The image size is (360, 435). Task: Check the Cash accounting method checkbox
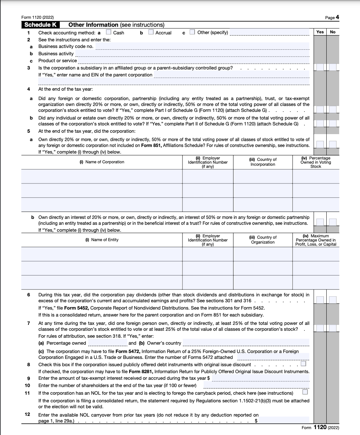[108, 32]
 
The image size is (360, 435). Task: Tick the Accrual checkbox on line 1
[151, 32]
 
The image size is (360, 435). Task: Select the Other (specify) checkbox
[192, 32]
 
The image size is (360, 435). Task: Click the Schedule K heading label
[40, 25]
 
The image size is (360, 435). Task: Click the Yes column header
[320, 32]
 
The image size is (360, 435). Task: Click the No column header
[333, 32]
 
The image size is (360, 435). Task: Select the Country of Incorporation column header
[263, 162]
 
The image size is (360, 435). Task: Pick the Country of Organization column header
[263, 240]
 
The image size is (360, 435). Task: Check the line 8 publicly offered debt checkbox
[303, 364]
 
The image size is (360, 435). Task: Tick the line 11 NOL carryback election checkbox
[305, 392]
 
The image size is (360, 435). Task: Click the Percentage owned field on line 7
[107, 343]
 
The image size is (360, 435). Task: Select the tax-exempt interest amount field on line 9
[260, 378]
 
